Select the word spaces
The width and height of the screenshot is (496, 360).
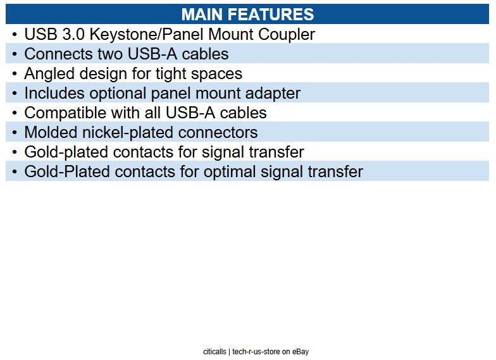[217, 73]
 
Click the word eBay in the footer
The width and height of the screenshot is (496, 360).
[300, 351]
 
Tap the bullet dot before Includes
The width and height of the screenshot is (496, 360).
[15, 94]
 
